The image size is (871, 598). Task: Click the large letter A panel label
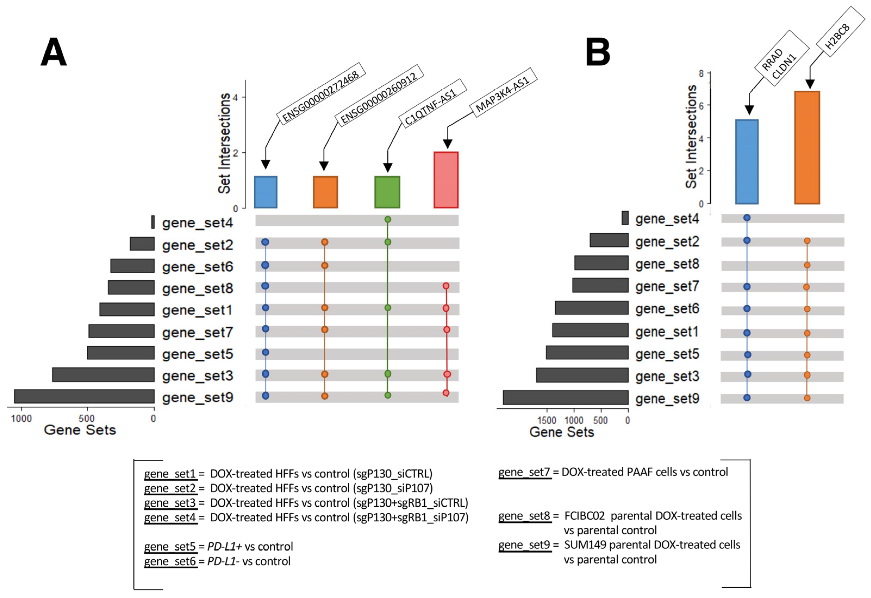pos(54,52)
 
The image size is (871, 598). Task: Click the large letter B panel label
pos(598,52)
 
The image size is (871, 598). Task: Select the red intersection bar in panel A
pos(446,180)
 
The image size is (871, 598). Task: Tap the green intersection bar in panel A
pos(387,192)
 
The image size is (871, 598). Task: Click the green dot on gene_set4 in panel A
pos(388,220)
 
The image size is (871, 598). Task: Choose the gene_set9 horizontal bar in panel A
pos(84,396)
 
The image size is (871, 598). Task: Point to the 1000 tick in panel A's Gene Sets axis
pos(21,418)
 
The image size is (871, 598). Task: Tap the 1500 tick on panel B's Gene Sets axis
pos(547,420)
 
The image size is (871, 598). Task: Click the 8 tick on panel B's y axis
pos(701,73)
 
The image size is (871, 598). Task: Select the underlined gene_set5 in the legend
pos(170,547)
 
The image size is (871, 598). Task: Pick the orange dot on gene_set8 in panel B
pos(807,265)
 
